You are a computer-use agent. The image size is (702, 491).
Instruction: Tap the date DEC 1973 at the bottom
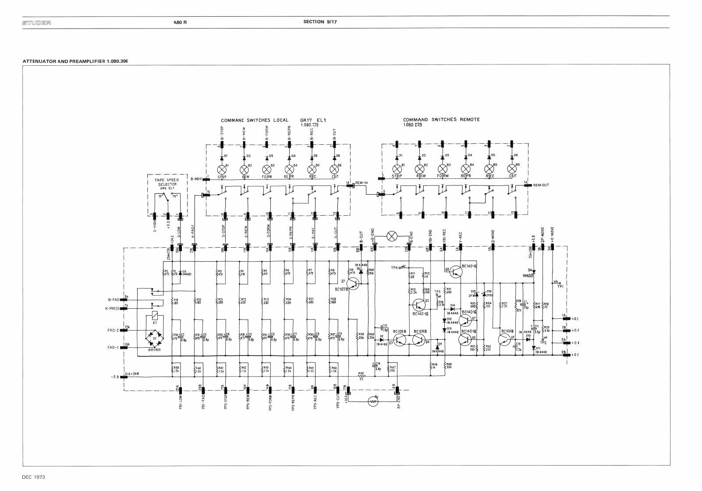coord(34,476)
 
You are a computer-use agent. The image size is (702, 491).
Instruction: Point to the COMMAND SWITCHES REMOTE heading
coord(441,119)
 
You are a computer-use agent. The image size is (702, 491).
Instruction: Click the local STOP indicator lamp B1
coord(222,169)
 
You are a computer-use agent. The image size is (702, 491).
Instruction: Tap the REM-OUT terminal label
coord(541,185)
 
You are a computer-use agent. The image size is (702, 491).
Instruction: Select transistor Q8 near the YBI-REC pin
coord(455,272)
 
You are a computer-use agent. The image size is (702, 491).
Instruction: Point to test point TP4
coord(396,267)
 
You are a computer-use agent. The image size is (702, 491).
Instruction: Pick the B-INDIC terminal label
coord(196,179)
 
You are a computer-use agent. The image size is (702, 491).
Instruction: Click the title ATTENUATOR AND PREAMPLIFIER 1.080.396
coord(75,60)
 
